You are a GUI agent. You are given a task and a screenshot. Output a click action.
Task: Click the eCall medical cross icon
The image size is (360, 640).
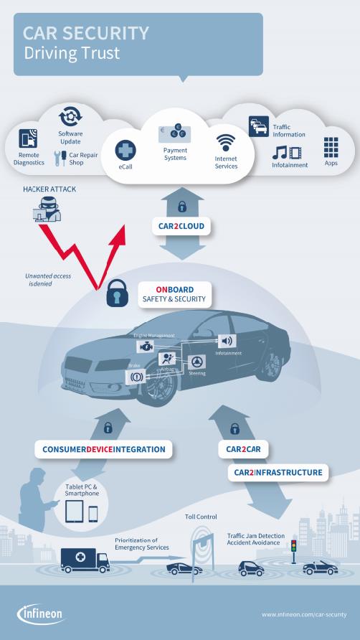[x=125, y=150]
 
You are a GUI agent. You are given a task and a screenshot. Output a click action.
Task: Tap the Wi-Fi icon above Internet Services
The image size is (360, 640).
[x=226, y=143]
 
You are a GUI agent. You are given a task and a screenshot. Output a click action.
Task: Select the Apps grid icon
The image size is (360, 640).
[x=331, y=147]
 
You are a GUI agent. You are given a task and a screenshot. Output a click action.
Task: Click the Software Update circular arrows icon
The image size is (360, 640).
[x=70, y=116]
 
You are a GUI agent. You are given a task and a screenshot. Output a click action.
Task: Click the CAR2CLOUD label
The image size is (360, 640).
[x=181, y=226]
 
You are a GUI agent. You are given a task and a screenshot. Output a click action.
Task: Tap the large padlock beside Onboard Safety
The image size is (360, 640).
[x=117, y=293]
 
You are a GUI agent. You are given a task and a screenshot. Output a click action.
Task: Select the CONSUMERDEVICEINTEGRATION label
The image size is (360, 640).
[x=104, y=449]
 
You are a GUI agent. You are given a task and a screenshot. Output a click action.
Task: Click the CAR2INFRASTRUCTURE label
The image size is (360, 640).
[x=278, y=473]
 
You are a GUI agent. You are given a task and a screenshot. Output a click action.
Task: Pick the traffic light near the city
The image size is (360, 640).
[x=293, y=551]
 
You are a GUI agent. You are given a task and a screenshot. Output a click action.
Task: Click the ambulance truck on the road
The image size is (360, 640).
[x=85, y=560]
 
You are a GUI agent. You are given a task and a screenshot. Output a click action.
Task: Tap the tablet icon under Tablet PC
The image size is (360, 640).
[x=75, y=511]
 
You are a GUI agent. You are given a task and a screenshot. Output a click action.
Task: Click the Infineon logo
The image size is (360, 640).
[x=41, y=614]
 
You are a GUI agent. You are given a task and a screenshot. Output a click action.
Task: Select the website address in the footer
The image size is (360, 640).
[x=304, y=614]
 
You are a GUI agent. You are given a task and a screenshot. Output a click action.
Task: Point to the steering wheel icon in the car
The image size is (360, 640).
[x=196, y=362]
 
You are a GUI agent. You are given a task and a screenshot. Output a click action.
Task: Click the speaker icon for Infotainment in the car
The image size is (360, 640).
[x=227, y=341]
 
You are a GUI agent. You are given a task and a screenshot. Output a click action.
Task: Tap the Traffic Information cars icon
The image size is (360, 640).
[x=259, y=126]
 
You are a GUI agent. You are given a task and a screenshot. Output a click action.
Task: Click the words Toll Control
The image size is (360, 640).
[x=201, y=517]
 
